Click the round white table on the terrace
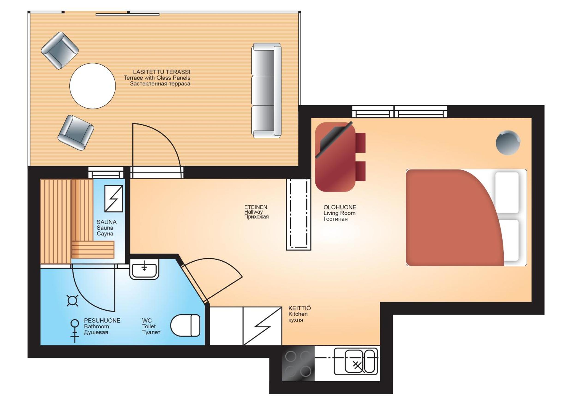(x=93, y=86)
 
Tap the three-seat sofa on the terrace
(x=266, y=90)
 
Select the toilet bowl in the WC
(x=185, y=325)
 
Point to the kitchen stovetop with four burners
(x=298, y=363)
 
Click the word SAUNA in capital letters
(x=106, y=222)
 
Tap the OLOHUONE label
(x=340, y=207)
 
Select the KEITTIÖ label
(x=300, y=308)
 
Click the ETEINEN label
(x=255, y=207)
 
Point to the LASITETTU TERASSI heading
(x=162, y=72)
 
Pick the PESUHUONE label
(x=102, y=320)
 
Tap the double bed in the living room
(x=466, y=217)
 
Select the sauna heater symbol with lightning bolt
(x=114, y=198)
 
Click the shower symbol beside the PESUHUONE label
(x=75, y=331)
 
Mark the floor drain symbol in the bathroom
(x=72, y=300)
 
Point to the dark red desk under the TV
(x=335, y=157)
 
